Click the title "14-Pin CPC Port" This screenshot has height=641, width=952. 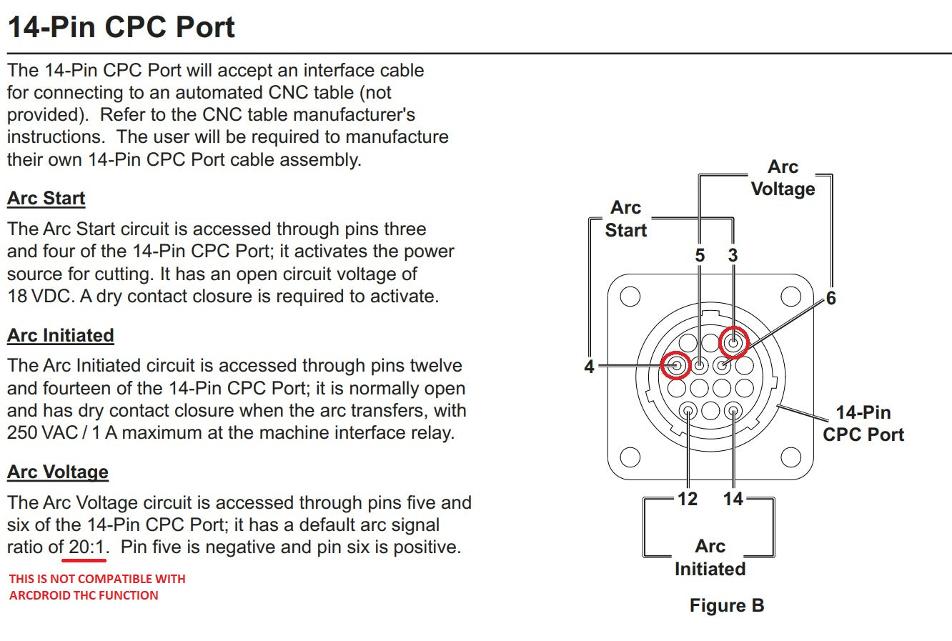click(121, 27)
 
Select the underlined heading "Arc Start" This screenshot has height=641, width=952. click(46, 199)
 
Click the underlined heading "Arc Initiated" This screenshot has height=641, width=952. click(61, 335)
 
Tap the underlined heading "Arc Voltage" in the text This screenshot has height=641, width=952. click(58, 472)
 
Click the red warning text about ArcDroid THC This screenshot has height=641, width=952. click(96, 587)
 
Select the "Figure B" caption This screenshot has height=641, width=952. click(726, 606)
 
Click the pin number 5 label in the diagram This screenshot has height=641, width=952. click(700, 255)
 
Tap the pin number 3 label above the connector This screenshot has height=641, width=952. click(733, 255)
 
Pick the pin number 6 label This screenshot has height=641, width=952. click(830, 299)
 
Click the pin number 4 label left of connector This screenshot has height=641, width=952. click(589, 367)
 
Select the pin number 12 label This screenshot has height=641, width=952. click(688, 499)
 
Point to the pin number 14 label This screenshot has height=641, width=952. click(733, 499)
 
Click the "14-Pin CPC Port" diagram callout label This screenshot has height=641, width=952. click(863, 423)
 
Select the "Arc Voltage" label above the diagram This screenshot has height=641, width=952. click(783, 178)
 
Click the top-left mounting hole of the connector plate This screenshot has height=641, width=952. click(630, 297)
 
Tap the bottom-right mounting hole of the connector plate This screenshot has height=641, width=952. click(790, 457)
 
